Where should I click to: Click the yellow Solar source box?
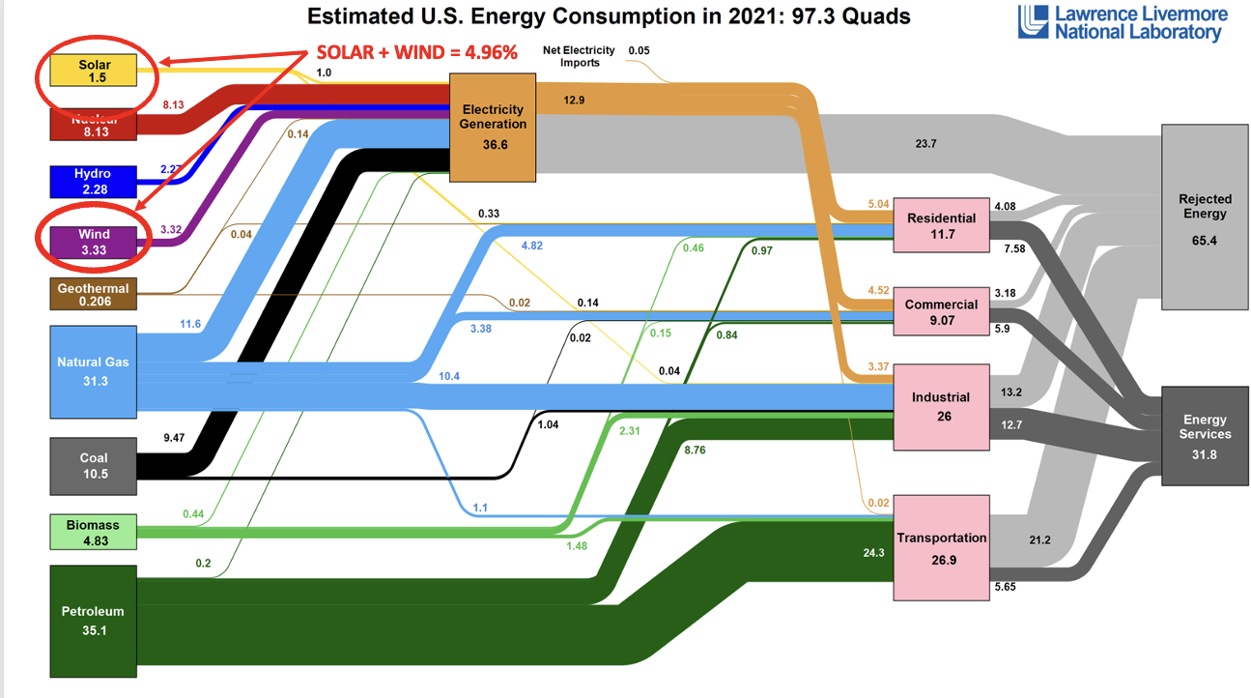[94, 72]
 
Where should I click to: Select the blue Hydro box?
[94, 181]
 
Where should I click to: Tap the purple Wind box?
[94, 241]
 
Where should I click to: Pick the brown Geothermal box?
[93, 294]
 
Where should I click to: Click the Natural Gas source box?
[93, 371]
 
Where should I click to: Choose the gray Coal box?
[94, 465]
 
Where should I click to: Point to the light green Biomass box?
[93, 532]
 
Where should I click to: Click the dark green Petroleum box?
[93, 620]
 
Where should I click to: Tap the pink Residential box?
[941, 225]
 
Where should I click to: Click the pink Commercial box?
[941, 311]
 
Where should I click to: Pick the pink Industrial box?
[941, 406]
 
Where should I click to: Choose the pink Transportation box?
[941, 547]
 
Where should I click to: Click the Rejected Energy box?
[1205, 217]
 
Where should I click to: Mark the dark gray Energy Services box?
[1205, 435]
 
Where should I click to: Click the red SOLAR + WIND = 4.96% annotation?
[417, 51]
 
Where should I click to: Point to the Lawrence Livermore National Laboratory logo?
[1122, 23]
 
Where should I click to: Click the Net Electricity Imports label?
[579, 56]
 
